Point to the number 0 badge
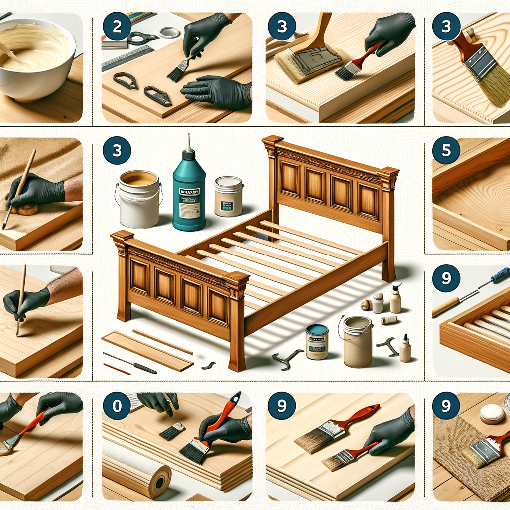pyautogui.click(x=117, y=405)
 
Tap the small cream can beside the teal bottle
pyautogui.click(x=228, y=196)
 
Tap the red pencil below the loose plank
pyautogui.click(x=117, y=369)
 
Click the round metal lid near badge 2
pyautogui.click(x=170, y=33)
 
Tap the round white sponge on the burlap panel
pyautogui.click(x=491, y=413)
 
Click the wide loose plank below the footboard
pyautogui.click(x=147, y=351)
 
